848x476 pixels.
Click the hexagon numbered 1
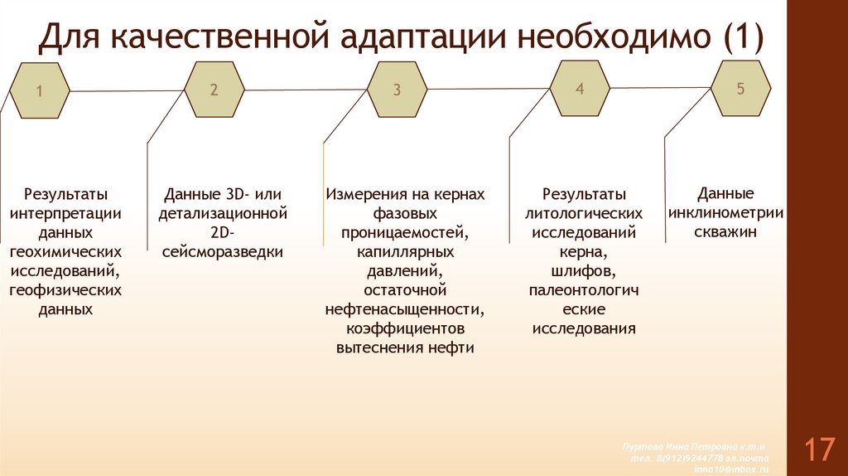pos(39,90)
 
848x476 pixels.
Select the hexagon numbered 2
pos(214,90)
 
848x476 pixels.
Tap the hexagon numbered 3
pos(397,90)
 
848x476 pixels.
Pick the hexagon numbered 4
pos(580,88)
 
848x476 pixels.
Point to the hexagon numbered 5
pos(740,88)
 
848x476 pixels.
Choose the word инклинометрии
pos(726,213)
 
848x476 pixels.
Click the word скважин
pos(725,232)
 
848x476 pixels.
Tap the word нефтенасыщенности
pos(405,309)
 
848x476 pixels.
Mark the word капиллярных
pos(405,251)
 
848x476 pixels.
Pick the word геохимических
pos(66,251)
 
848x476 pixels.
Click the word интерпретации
pos(66,213)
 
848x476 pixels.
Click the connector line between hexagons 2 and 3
pos(306,89)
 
